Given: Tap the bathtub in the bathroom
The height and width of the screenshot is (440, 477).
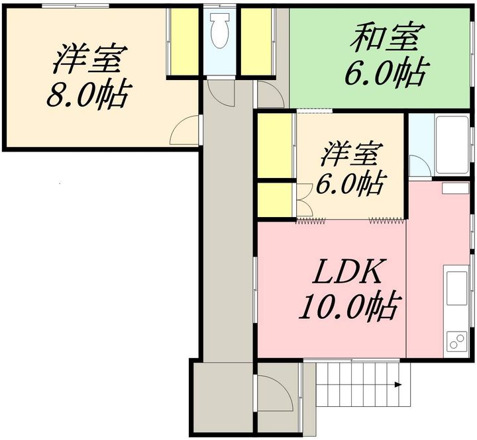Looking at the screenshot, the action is pos(452,145).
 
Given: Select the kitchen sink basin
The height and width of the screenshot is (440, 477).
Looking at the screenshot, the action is pos(456,288).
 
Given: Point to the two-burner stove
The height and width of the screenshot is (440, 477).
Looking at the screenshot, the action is pos(457,341).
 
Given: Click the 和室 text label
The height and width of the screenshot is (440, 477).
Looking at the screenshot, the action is pos(388,37).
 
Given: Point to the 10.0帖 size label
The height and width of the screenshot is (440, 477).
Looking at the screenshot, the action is pos(348,306).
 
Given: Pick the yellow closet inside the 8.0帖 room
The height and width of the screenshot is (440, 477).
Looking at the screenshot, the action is pos(184,41).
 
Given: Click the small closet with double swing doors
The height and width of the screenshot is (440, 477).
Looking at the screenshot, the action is pos(275,200).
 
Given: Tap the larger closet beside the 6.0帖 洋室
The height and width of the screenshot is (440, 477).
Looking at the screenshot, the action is pos(275,146).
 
